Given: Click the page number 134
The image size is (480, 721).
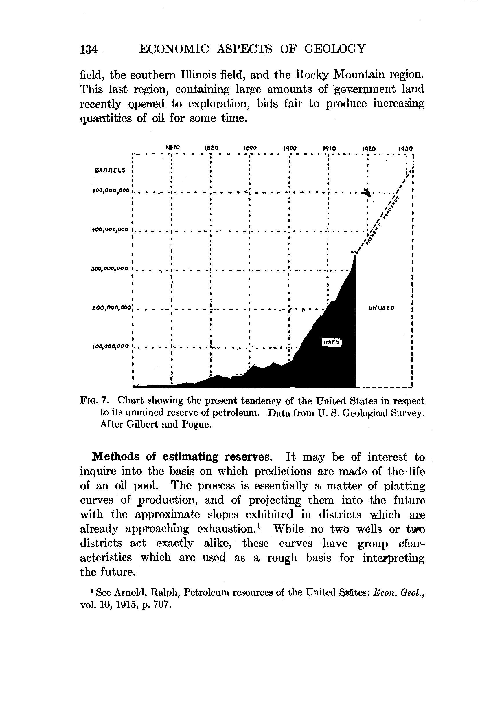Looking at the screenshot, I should [x=89, y=49].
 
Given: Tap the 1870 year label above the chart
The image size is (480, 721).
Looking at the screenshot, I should [x=172, y=147].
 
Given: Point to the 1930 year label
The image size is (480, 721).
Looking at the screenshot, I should [x=406, y=148].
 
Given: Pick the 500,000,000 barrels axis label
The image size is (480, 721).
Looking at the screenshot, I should [x=111, y=191].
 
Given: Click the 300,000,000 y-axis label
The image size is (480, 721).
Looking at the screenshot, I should [x=111, y=269].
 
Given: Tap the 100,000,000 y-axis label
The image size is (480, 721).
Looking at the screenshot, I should [x=111, y=346].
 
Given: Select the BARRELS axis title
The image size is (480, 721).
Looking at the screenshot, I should [x=110, y=170].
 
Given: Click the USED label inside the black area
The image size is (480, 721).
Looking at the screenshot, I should [x=331, y=342].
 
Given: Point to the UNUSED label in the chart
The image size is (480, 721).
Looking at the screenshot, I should [x=381, y=308].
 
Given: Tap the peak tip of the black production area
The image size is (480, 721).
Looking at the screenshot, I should [x=355, y=256].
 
